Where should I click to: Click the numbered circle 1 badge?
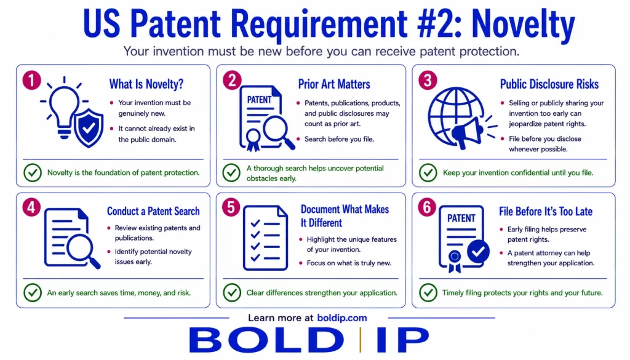coord(32,80)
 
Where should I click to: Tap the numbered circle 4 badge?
coord(32,207)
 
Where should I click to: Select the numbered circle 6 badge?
coord(427,207)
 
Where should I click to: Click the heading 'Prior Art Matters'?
coord(334,84)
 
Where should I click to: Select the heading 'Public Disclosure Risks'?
coord(549,84)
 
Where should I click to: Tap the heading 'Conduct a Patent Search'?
coord(153,211)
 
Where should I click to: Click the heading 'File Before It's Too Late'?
coord(546,211)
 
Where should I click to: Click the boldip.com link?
coord(342,318)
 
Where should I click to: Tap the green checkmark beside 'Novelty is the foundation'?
coord(33,172)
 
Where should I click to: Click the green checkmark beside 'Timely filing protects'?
coord(428,292)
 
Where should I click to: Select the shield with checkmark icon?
coord(89,128)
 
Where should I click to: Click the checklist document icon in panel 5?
coord(266,238)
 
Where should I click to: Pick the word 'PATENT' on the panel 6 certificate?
coord(461,218)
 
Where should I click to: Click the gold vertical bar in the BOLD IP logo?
coord(361,340)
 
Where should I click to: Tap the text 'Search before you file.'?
coord(339,139)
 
